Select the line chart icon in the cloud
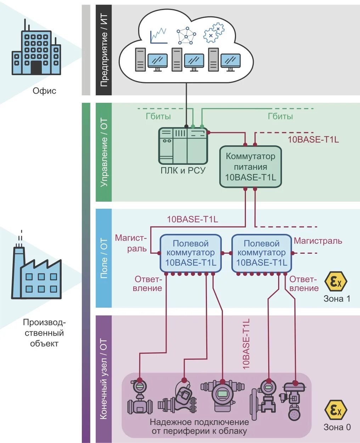158,36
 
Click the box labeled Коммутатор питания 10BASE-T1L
251,167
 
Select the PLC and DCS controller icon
182,145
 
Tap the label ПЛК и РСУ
183,170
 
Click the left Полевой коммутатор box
191,253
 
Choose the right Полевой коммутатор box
261,253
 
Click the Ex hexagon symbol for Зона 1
336,282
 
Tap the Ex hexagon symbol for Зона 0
336,410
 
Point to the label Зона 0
337,427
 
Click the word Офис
44,91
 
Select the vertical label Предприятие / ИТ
103,50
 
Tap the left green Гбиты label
158,116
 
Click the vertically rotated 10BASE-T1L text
246,344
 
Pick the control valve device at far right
294,400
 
